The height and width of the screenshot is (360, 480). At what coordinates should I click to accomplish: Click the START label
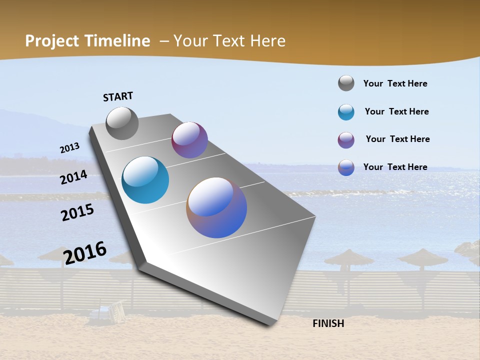click(x=118, y=96)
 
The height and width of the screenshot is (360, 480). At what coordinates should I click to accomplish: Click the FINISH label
click(x=328, y=323)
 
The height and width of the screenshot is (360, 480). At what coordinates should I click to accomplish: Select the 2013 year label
click(x=69, y=148)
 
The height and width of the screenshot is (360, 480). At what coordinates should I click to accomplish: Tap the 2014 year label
click(x=73, y=177)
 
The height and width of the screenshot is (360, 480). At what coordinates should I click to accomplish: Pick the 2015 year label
click(x=77, y=212)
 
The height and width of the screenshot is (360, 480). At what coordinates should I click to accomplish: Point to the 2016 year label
click(x=85, y=252)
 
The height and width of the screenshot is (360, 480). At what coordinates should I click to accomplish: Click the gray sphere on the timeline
click(x=122, y=123)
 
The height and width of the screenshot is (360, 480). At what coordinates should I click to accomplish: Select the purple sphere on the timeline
click(x=189, y=140)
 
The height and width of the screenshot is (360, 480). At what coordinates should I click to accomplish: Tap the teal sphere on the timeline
click(x=145, y=180)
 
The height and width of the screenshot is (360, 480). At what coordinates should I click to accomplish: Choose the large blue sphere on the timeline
click(x=216, y=207)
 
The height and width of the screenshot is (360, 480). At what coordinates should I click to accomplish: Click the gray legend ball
click(x=346, y=83)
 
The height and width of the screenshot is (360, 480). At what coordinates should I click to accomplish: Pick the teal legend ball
click(x=346, y=112)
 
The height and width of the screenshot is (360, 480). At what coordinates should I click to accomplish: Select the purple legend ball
click(x=346, y=140)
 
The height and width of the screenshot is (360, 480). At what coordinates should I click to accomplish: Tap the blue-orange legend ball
click(x=346, y=167)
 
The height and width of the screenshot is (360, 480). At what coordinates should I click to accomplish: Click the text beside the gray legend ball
click(x=395, y=84)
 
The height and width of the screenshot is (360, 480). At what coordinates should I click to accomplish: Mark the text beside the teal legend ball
click(x=396, y=111)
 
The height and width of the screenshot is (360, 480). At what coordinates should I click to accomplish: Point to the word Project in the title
click(x=52, y=41)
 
